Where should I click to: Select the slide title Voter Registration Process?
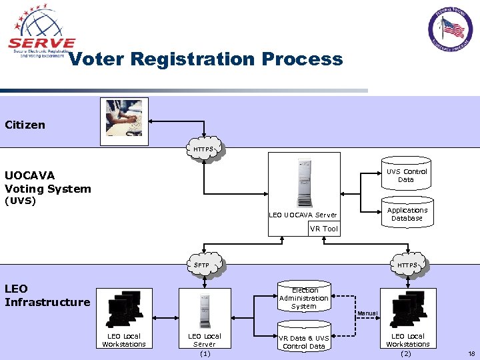tap(205, 59)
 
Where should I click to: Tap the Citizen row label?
tap(25, 125)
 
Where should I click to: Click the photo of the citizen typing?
tap(124, 121)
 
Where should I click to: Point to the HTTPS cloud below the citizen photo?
tap(204, 149)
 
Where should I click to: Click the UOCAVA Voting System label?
tap(47, 182)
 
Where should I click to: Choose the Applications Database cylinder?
tap(406, 214)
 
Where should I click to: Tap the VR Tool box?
tap(324, 229)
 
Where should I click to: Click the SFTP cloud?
tap(202, 265)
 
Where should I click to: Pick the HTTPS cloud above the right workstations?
tap(406, 265)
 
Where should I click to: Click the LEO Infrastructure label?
tap(47, 295)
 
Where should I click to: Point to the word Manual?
tap(367, 313)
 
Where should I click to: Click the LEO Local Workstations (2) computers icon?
tap(407, 309)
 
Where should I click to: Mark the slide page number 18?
tap(471, 354)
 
